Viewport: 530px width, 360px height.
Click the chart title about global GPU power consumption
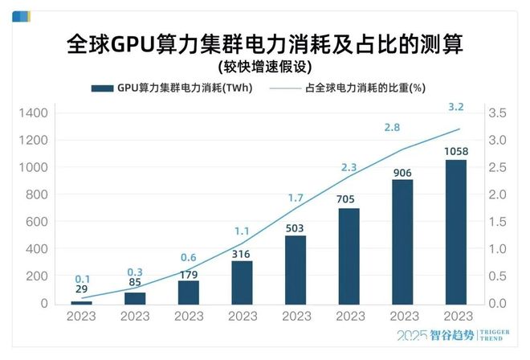(x=264, y=43)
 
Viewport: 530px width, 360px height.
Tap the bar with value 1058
(x=456, y=232)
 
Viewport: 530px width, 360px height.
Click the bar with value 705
(x=349, y=256)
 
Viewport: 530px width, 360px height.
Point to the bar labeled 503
(x=296, y=269)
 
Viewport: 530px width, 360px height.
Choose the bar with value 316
(x=242, y=282)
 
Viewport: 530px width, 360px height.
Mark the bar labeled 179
(x=189, y=292)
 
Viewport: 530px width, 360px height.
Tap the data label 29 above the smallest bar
(x=81, y=288)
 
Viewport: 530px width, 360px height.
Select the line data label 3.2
(x=456, y=107)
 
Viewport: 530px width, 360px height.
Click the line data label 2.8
(x=393, y=127)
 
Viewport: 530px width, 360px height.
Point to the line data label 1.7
(x=296, y=198)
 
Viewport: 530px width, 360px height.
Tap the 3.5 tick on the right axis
(x=499, y=113)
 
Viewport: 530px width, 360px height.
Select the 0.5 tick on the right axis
(x=499, y=276)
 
